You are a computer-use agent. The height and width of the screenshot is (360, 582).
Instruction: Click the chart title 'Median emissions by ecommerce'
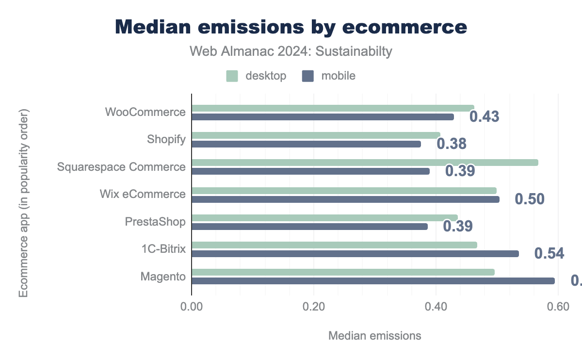[291, 27]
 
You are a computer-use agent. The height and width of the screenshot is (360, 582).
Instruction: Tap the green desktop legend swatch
[232, 76]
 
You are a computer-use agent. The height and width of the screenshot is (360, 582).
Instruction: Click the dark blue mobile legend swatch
[308, 76]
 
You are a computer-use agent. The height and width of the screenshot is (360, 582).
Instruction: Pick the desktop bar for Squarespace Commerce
[365, 162]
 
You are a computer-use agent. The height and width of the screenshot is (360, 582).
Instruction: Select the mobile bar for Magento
[373, 280]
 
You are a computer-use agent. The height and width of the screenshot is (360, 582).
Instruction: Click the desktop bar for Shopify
[316, 135]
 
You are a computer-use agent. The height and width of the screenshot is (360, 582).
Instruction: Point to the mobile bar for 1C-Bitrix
[355, 253]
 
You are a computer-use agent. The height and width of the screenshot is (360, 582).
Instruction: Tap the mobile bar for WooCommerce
[323, 116]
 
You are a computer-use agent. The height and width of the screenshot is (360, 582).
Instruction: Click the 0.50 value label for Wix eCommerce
[529, 199]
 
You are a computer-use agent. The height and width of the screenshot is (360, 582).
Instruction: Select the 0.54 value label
[549, 253]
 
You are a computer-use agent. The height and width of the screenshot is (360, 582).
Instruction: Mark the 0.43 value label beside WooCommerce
[484, 116]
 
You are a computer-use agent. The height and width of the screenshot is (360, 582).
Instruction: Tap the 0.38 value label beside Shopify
[452, 144]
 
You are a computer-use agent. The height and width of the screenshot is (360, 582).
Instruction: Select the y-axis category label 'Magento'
[163, 277]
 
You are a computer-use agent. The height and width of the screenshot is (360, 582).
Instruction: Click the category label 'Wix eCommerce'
[143, 194]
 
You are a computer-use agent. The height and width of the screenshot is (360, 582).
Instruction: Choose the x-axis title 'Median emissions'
[375, 335]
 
